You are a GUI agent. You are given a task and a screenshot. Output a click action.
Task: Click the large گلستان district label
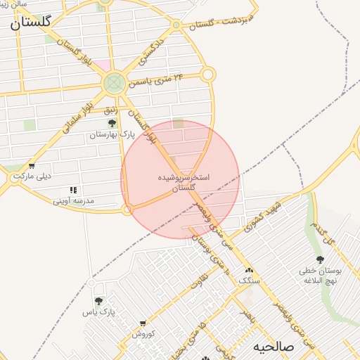[30, 22]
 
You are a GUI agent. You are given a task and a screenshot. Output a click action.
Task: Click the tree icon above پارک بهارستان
[112, 123]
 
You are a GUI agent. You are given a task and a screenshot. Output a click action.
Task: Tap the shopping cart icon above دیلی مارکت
[32, 167]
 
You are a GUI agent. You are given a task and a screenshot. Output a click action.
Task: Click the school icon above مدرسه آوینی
[73, 190]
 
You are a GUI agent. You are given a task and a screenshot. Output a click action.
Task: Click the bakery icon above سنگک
[247, 270]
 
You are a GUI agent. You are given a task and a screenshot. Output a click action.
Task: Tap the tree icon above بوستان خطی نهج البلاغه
[320, 259]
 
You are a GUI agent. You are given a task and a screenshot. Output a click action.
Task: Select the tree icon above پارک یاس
[98, 302]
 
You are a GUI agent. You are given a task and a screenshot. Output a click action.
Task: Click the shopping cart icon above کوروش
[143, 324]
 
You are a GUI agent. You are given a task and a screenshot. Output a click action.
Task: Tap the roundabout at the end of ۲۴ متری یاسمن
[207, 75]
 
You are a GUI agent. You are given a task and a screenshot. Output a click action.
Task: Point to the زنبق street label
[110, 109]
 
